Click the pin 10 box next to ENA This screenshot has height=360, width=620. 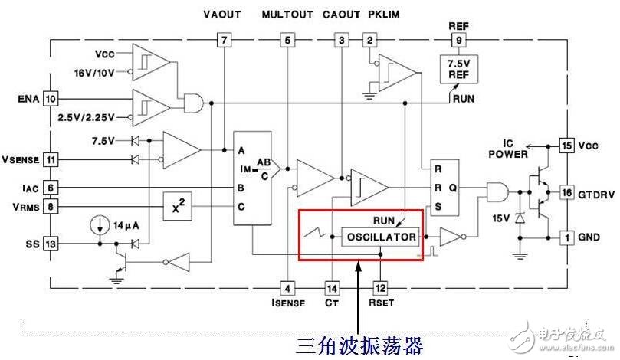tap(51, 99)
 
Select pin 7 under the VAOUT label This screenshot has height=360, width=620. tap(224, 40)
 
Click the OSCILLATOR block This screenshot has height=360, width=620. tap(381, 237)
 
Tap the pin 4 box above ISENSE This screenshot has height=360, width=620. tap(287, 288)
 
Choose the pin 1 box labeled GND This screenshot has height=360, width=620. tap(567, 237)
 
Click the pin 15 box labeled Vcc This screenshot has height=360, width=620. tap(567, 145)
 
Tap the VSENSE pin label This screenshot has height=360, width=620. tap(21, 159)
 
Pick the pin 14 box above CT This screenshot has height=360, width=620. tap(332, 288)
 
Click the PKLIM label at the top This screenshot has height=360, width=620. tap(382, 15)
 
